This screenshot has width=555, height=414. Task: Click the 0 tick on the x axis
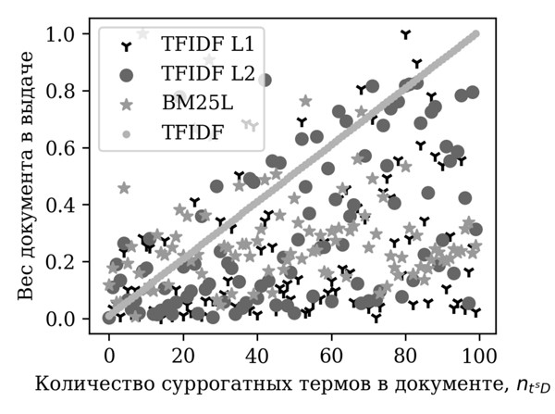(109, 355)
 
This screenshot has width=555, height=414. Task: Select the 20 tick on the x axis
(183, 355)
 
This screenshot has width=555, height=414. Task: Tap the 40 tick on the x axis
(257, 355)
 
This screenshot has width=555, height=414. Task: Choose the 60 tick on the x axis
(331, 355)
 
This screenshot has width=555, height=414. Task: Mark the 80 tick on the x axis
(405, 355)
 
